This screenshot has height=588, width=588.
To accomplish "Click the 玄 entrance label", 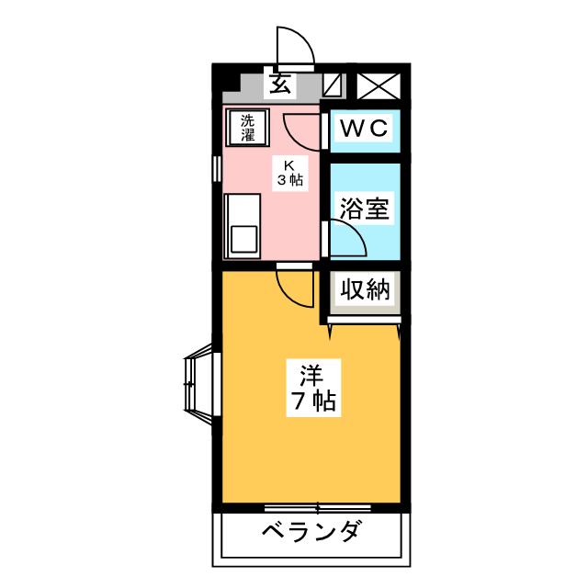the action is [280, 84].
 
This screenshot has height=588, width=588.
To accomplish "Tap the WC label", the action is [365, 129].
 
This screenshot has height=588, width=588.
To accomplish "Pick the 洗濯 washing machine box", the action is [248, 127].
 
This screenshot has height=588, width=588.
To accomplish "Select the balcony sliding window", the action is [318, 507].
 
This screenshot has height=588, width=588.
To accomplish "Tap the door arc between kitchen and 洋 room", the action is [296, 288].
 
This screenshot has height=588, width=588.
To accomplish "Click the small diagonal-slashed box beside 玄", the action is [333, 85].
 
